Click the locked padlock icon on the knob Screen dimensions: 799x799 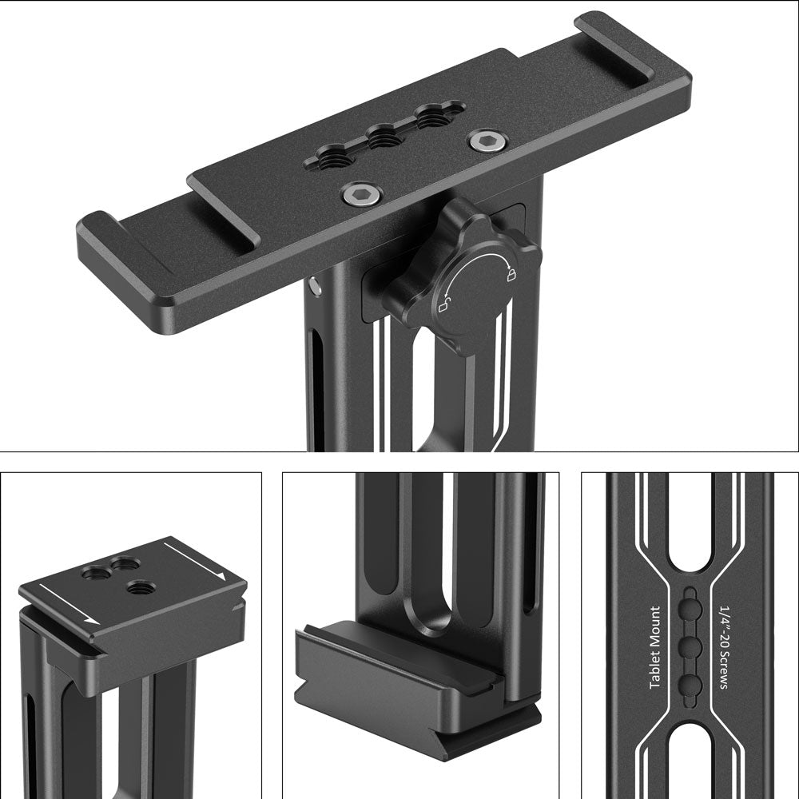[x=509, y=276]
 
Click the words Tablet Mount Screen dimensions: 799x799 [x=655, y=648]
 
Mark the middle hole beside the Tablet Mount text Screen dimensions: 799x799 [x=690, y=646]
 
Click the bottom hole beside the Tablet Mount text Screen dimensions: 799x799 [x=690, y=682]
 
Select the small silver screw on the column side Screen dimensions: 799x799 [x=317, y=284]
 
